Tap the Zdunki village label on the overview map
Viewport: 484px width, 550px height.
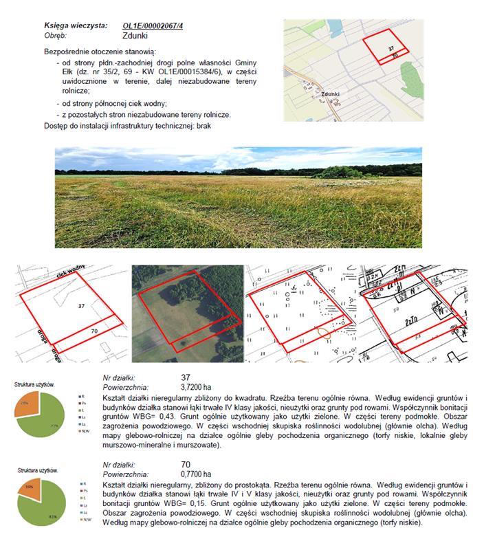331,94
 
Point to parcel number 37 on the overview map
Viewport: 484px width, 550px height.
391,49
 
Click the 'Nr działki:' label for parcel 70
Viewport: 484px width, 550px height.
122,465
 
